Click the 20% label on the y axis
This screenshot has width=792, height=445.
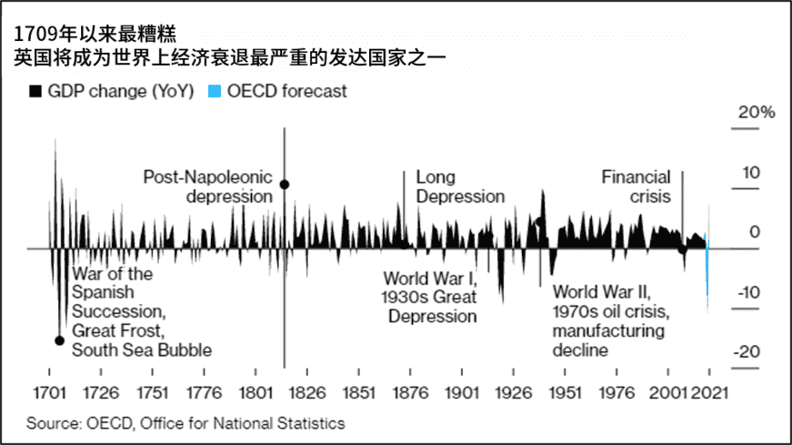(x=757, y=113)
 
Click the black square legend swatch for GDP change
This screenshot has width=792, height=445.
(x=35, y=92)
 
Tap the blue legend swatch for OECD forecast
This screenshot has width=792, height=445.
(x=214, y=92)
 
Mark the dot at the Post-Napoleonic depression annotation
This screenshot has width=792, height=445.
(x=285, y=185)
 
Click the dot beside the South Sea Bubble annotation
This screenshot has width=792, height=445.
(x=60, y=340)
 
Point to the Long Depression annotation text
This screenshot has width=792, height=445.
(x=460, y=187)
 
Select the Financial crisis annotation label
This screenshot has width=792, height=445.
(x=636, y=187)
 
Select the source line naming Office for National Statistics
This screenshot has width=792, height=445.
(x=185, y=423)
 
